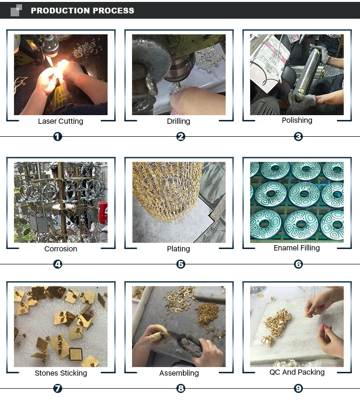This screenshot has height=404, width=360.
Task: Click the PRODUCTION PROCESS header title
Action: [82, 11]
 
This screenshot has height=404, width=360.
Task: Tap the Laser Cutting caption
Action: [60, 121]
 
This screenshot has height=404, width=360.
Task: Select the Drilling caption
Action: [179, 121]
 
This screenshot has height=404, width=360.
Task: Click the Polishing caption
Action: [297, 120]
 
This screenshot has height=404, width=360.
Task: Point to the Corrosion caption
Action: [60, 249]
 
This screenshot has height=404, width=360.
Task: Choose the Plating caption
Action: [179, 249]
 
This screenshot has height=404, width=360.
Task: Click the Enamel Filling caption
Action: [297, 248]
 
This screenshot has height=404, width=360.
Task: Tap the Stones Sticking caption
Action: [60, 373]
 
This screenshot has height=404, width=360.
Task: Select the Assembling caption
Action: [179, 373]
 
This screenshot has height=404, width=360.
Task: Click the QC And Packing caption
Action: [297, 372]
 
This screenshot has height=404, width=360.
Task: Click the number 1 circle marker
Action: [58, 137]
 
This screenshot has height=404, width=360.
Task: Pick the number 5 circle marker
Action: [180, 264]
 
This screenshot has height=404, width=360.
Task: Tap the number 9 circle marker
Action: [299, 389]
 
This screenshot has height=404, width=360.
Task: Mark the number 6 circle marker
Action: [299, 264]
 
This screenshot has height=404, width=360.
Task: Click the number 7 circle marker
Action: [58, 389]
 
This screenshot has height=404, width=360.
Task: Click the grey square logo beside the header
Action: [16, 10]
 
